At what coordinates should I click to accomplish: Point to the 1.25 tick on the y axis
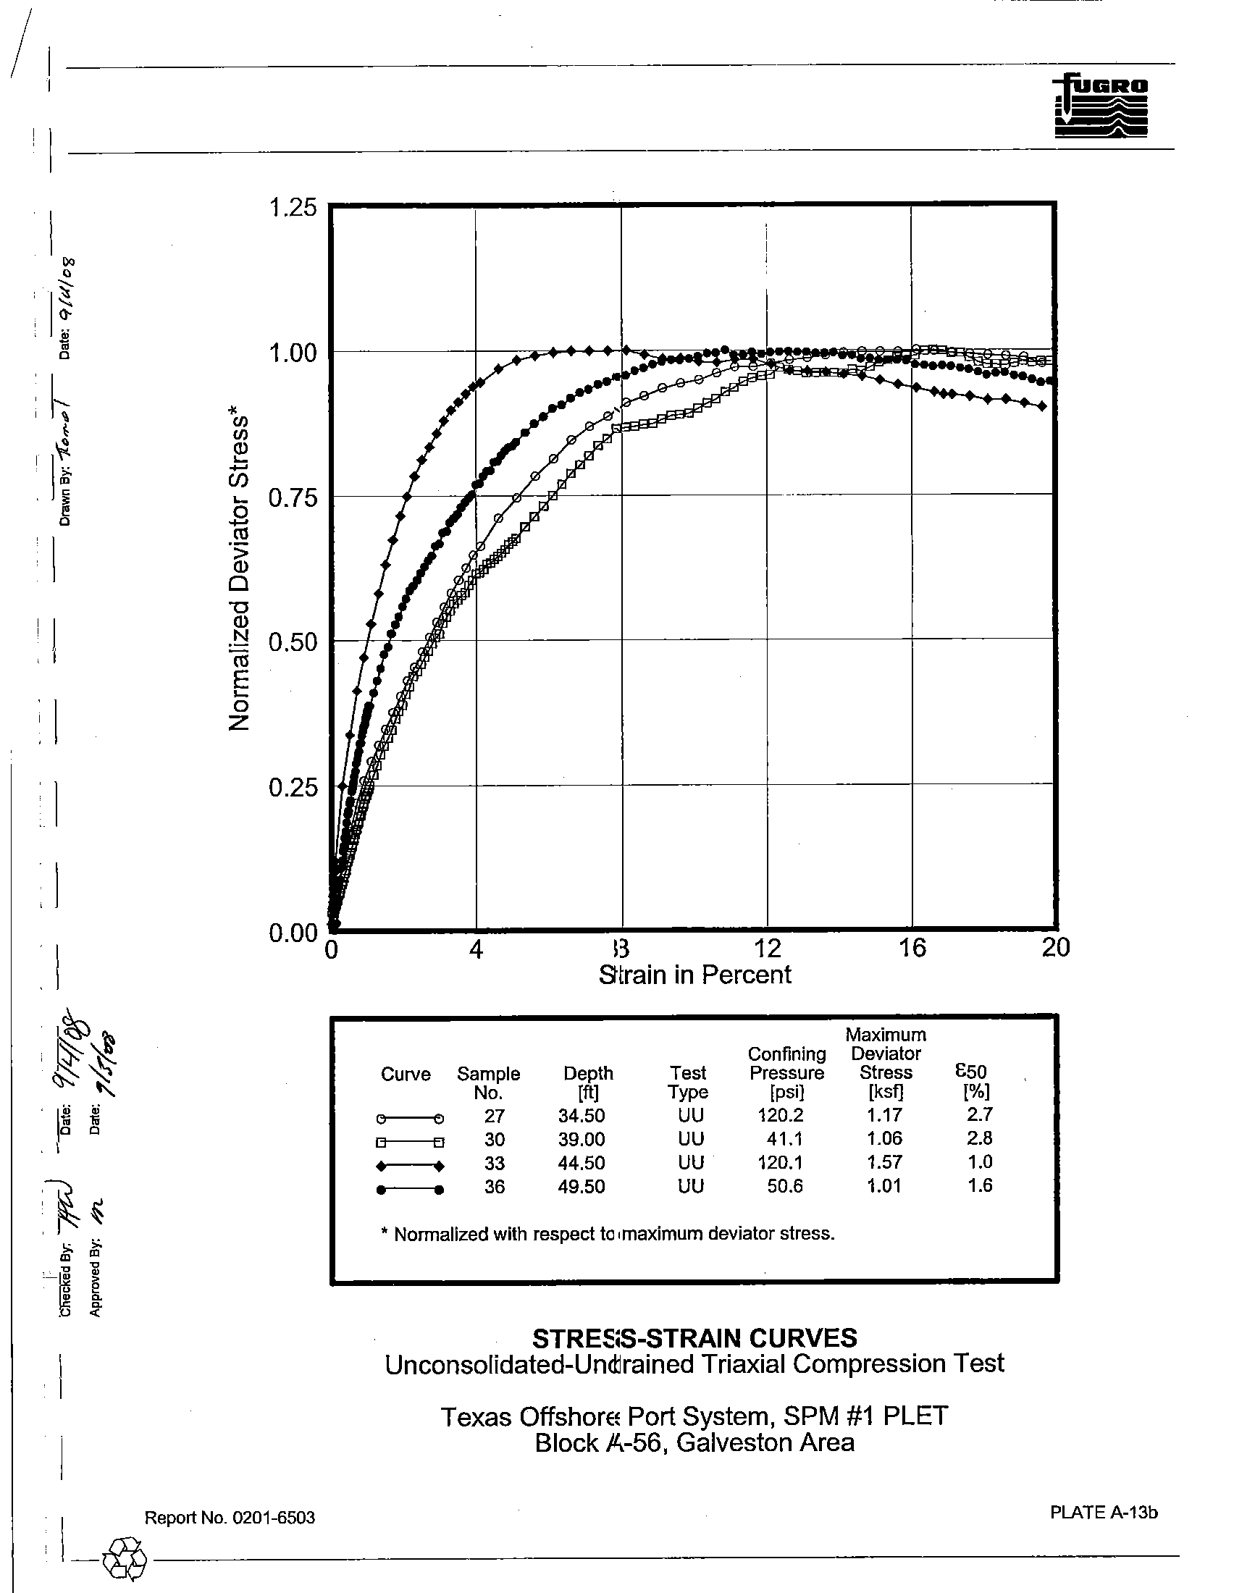[293, 208]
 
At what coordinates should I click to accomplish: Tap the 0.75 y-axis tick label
[293, 498]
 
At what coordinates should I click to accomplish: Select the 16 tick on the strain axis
[912, 948]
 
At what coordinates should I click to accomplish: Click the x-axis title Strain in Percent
[694, 975]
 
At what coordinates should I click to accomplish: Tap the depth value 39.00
[582, 1139]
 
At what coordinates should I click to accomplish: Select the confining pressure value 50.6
[785, 1186]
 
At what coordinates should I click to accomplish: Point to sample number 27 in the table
[494, 1116]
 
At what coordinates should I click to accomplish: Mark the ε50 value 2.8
[980, 1138]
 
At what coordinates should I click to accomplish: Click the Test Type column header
[688, 1083]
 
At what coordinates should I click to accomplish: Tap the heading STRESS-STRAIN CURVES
[694, 1338]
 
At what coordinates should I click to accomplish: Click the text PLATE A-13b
[1104, 1513]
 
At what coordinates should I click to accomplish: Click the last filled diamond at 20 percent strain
[1042, 406]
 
